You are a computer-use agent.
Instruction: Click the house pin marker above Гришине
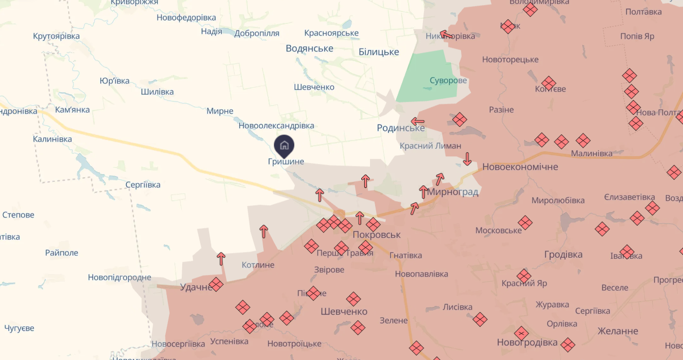tap(284, 146)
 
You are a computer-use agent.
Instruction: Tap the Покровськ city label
tap(377, 235)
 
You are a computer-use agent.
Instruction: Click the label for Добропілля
tap(257, 33)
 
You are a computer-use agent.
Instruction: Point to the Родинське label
tap(401, 128)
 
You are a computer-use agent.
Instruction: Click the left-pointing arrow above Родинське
tap(418, 122)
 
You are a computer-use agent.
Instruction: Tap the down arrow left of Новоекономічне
tap(467, 159)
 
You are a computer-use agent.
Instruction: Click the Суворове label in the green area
tap(448, 80)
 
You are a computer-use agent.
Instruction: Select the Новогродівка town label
tap(527, 342)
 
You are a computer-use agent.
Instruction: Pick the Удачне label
tap(196, 287)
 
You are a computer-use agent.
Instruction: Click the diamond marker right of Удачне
tap(216, 284)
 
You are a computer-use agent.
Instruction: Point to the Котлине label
tap(258, 265)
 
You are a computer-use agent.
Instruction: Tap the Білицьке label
tap(379, 52)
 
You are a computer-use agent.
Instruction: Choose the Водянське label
tap(309, 48)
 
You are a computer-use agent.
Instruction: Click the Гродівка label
tap(563, 255)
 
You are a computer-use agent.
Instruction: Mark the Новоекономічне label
tap(520, 167)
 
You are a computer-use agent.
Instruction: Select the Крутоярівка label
tap(56, 36)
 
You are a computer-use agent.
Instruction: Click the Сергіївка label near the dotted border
tap(143, 185)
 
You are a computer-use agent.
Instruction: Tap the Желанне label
tap(618, 331)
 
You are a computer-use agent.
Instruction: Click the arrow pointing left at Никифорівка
tap(446, 35)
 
